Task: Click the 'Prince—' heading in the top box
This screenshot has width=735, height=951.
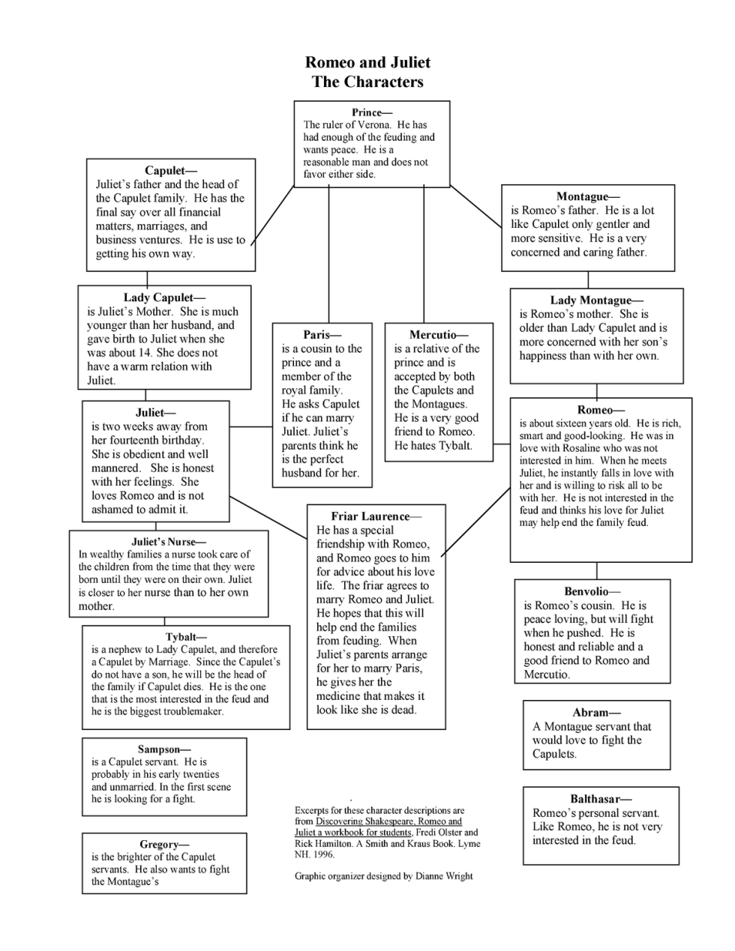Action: click(372, 112)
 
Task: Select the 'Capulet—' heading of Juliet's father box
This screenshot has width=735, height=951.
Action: click(171, 171)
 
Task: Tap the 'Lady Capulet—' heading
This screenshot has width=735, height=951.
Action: click(164, 298)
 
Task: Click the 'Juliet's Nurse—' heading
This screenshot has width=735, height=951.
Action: click(169, 542)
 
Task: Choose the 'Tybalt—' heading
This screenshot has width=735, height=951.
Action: click(186, 638)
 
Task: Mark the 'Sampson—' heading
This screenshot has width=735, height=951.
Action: click(164, 749)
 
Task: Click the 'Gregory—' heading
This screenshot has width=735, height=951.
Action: click(164, 845)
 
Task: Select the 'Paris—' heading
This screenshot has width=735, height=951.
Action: click(322, 335)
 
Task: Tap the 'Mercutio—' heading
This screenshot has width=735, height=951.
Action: click(439, 335)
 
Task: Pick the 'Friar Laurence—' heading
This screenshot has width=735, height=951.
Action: click(376, 516)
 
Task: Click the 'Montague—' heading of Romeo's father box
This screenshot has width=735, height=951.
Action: click(588, 196)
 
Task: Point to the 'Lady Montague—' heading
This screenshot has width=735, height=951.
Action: click(596, 301)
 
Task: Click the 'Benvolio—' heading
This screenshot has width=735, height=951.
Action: click(592, 591)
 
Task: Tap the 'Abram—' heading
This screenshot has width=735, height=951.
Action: click(597, 713)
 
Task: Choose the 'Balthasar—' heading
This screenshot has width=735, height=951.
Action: click(601, 799)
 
